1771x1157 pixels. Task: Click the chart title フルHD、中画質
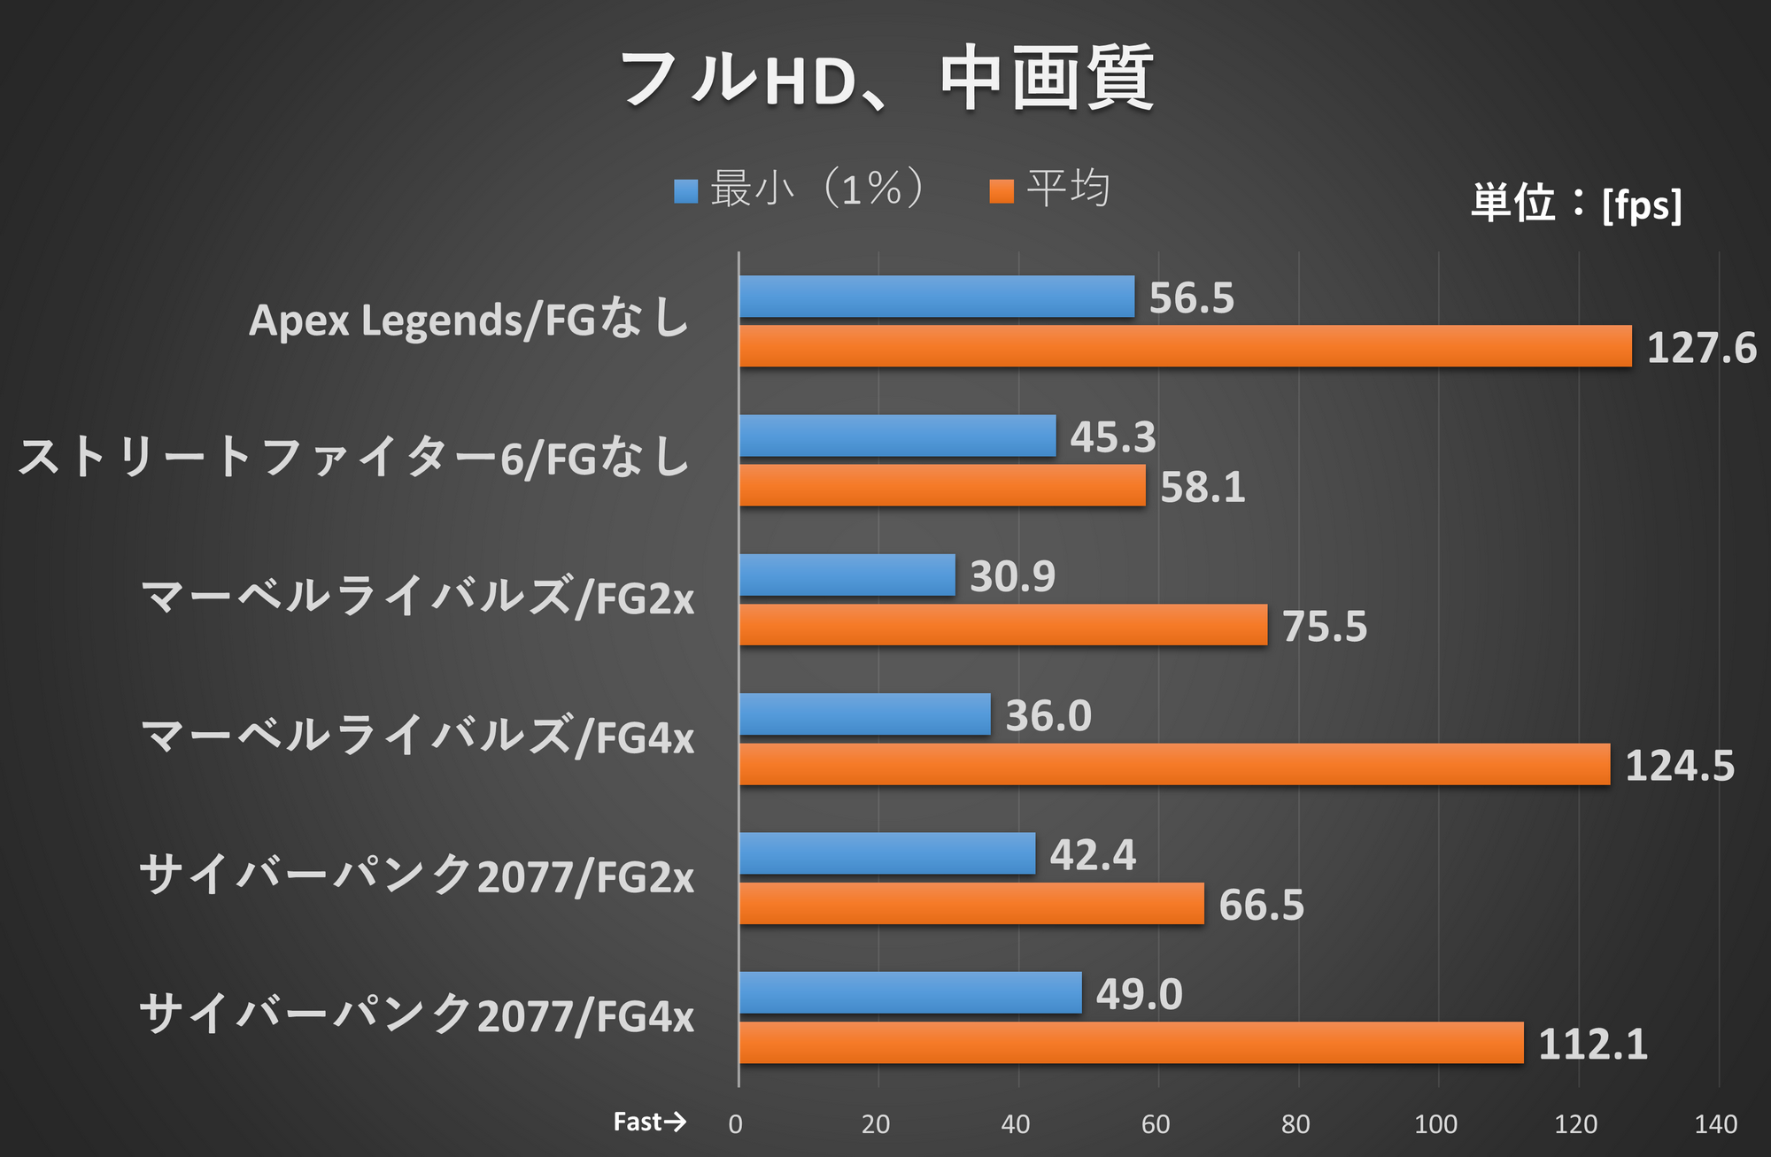[x=885, y=80]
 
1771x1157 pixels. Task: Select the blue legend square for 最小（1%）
[x=685, y=191]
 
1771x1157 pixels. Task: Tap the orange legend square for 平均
[x=1002, y=191]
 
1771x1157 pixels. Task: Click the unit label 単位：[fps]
[x=1576, y=204]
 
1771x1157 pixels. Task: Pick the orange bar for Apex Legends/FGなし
[x=1185, y=346]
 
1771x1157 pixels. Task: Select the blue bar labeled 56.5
[x=937, y=297]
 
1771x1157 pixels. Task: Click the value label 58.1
[x=1203, y=488]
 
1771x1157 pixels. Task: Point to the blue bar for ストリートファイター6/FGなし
[x=898, y=436]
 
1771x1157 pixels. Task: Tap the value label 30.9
[x=1012, y=576]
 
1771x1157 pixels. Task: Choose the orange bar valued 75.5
[x=1003, y=625]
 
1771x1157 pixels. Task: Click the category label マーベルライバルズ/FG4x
[x=417, y=737]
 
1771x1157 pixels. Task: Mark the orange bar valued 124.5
[x=1174, y=764]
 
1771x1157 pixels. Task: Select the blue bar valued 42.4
[x=887, y=853]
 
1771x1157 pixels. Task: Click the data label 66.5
[x=1261, y=906]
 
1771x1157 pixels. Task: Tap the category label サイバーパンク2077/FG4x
[x=417, y=1014]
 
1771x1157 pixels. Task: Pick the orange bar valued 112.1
[x=1131, y=1043]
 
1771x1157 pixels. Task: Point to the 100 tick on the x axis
[x=1435, y=1124]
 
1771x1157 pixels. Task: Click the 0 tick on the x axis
[x=736, y=1124]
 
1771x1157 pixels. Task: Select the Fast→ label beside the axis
[x=649, y=1122]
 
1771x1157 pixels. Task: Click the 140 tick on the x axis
[x=1715, y=1124]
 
